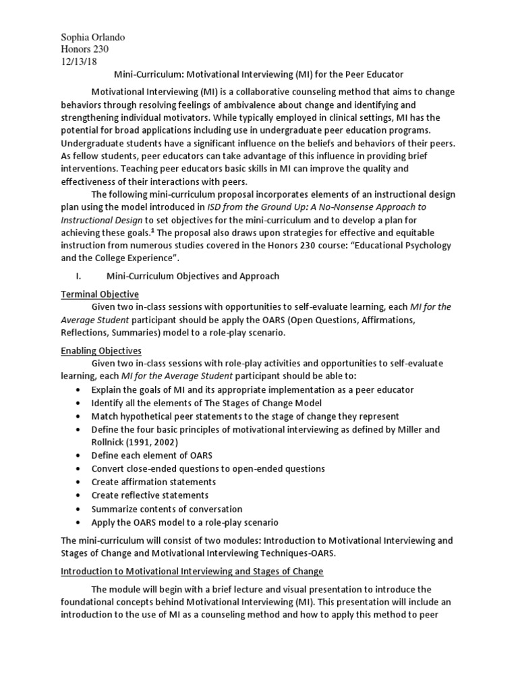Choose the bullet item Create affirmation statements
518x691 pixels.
pos(154,482)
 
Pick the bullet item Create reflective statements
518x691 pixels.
pos(152,495)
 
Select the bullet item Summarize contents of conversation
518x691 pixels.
pos(167,509)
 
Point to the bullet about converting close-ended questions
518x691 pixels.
pos(208,468)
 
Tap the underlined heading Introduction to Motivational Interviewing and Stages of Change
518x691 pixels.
pos(192,571)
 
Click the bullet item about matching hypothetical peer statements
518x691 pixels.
pos(245,416)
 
